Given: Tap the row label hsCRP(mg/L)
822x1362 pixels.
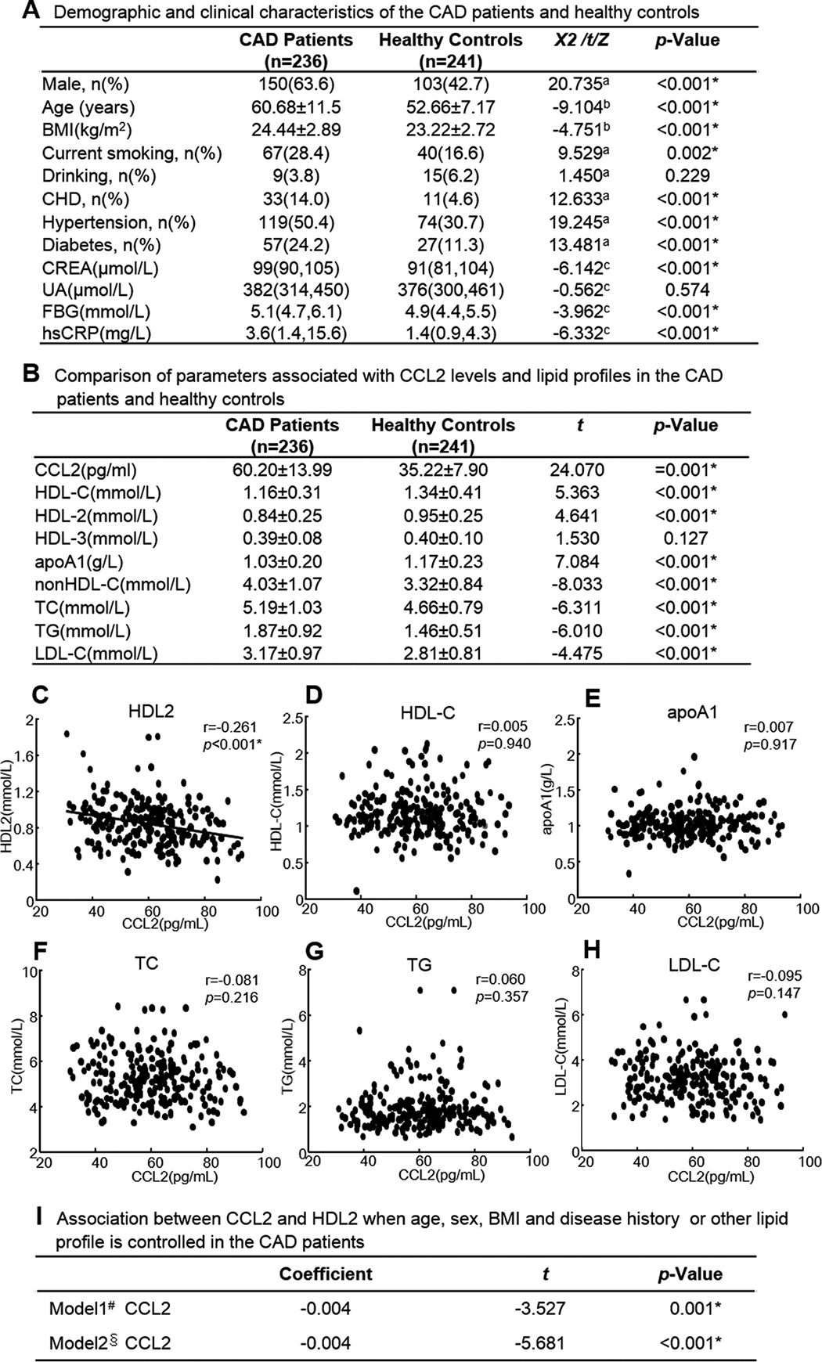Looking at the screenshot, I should (96, 333).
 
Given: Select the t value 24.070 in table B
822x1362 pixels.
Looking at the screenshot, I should (577, 470).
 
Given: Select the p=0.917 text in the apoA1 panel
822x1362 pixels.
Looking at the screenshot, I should (770, 744).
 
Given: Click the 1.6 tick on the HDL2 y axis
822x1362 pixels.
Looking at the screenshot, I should (27, 755).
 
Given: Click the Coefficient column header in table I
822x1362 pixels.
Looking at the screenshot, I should (326, 1274).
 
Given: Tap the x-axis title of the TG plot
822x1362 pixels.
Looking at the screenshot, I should (441, 1175).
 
